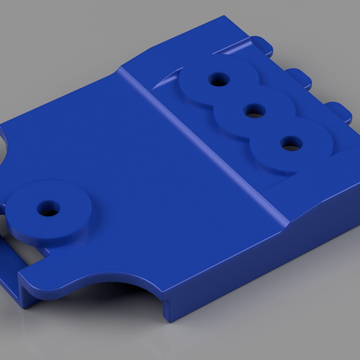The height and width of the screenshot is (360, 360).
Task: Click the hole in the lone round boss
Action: (x=48, y=208)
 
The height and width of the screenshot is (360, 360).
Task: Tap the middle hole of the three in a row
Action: (x=254, y=110)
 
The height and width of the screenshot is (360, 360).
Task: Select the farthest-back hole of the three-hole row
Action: (x=218, y=79)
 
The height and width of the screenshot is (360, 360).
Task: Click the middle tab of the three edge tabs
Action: (x=299, y=75)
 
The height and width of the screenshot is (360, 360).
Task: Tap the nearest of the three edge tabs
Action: (x=339, y=111)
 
